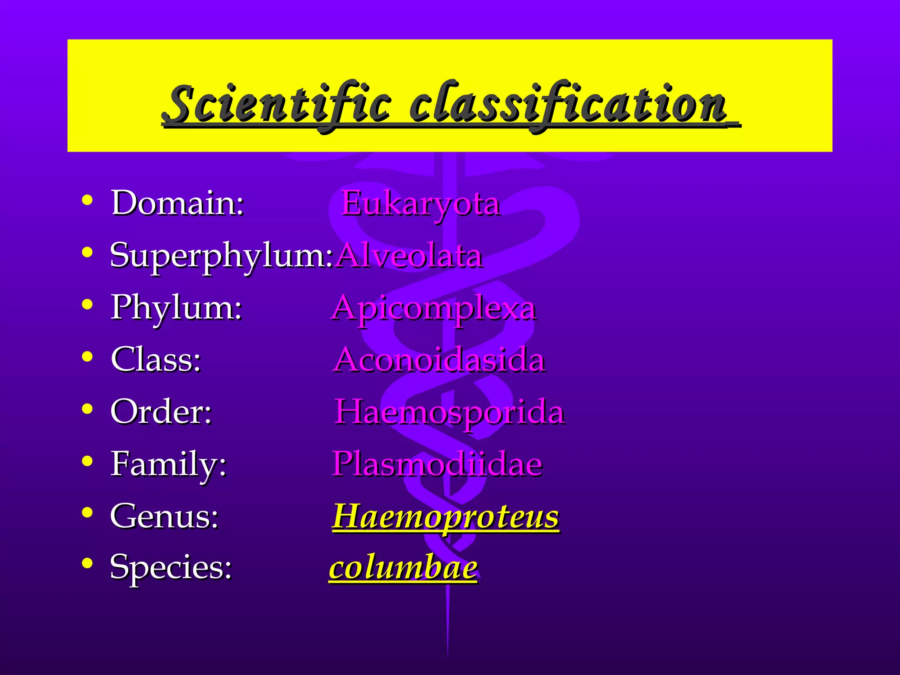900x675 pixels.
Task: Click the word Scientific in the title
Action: coord(276,104)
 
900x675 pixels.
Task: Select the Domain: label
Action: coord(178,203)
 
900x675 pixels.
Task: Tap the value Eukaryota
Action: coord(421,203)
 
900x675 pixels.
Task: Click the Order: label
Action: coord(161,412)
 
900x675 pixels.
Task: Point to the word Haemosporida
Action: coord(450,412)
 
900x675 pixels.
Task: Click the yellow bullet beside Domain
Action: coord(87,200)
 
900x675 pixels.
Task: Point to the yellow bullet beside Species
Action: coord(87,563)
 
